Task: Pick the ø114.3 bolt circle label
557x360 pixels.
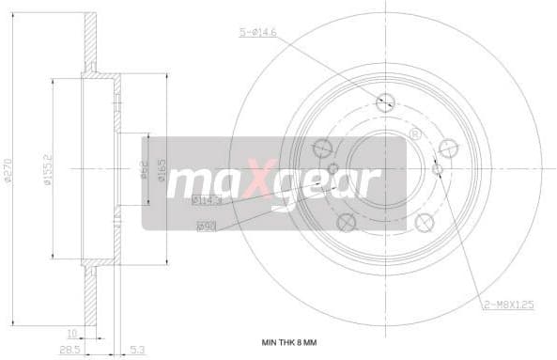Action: [206, 200]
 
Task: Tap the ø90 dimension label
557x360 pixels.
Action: [206, 226]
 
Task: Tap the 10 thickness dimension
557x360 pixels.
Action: [71, 331]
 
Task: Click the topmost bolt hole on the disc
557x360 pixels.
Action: [385, 102]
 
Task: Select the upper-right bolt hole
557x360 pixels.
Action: [448, 147]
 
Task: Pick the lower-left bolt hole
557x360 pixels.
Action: [346, 222]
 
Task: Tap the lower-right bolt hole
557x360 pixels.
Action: [425, 222]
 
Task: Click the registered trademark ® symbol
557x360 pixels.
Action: [414, 134]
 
